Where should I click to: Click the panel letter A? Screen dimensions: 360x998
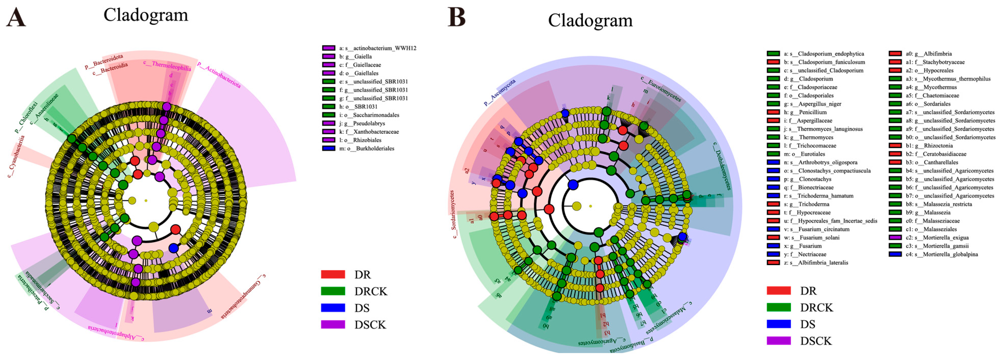(16, 17)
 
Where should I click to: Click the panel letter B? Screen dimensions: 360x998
(456, 17)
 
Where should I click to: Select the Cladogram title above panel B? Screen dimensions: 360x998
(590, 20)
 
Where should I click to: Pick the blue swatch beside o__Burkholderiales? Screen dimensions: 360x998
(328, 148)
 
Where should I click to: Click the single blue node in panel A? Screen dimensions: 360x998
(174, 248)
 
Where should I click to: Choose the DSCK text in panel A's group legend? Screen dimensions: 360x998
(370, 325)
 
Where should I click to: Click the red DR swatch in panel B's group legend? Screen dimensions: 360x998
(779, 291)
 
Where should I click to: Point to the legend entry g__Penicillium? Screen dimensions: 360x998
(811, 112)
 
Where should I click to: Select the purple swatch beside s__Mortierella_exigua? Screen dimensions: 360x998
(895, 238)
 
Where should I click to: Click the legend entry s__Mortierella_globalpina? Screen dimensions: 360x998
(946, 254)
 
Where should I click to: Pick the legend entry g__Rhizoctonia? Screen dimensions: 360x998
(934, 146)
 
